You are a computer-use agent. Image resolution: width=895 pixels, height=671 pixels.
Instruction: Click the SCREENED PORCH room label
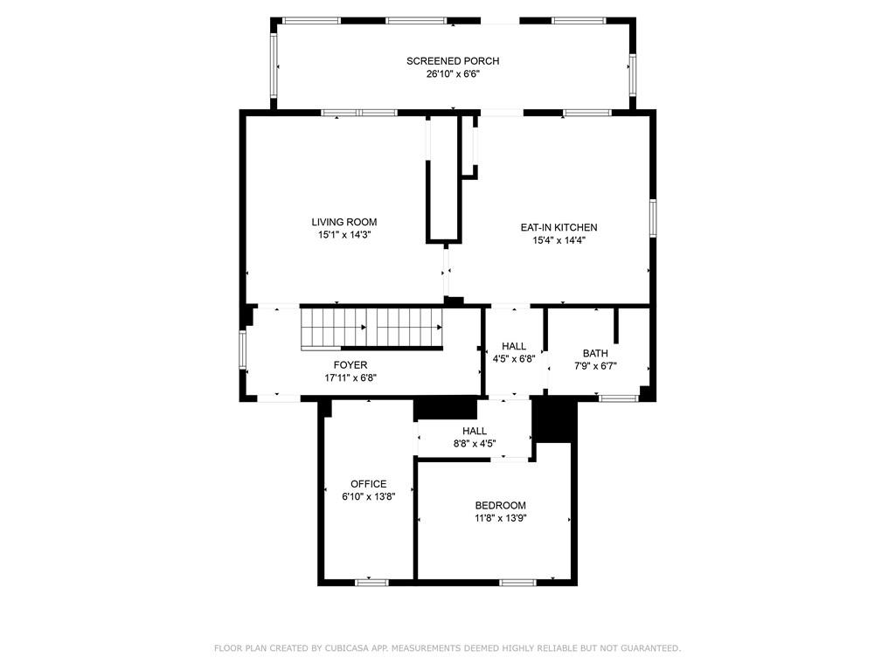[x=452, y=61]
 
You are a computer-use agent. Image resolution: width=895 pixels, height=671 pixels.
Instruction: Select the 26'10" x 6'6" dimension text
[x=452, y=74]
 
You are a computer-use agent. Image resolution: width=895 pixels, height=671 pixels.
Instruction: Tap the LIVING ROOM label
[x=344, y=222]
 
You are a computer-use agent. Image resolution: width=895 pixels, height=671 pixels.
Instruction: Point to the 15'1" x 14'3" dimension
[x=344, y=235]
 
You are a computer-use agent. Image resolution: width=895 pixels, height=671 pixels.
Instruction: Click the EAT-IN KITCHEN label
[x=559, y=227]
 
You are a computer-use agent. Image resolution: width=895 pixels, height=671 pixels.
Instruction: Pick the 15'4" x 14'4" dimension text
[x=559, y=240]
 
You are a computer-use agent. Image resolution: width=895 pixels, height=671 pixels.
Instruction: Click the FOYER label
[x=350, y=365]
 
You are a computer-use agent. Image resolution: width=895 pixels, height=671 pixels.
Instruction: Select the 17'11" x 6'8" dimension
[x=350, y=378]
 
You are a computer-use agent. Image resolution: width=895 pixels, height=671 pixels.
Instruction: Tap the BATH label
[x=595, y=353]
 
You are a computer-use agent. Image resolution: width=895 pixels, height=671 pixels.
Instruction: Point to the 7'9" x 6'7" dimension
[x=595, y=366]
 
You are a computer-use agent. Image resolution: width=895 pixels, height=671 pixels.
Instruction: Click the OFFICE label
[x=368, y=484]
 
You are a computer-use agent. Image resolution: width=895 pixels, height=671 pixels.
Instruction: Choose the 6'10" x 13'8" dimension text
[x=368, y=497]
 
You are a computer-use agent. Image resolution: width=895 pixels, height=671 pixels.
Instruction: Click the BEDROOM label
[x=500, y=505]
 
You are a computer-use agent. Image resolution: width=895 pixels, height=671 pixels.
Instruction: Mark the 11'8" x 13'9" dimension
[x=500, y=518]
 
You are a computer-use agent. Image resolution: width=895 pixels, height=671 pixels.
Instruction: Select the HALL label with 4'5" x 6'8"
[x=514, y=346]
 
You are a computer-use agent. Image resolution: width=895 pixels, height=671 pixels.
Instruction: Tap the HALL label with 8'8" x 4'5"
[x=475, y=431]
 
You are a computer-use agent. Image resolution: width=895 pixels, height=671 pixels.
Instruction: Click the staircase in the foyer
[x=372, y=328]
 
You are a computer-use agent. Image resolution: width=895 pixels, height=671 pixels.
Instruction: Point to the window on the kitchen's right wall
[x=652, y=217]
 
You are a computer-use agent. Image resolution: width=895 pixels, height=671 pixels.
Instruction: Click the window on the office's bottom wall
[x=371, y=581]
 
